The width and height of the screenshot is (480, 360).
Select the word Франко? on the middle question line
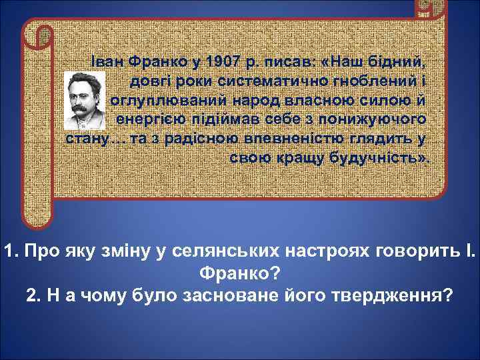pyautogui.click(x=239, y=273)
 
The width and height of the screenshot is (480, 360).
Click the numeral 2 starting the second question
pyautogui.click(x=31, y=295)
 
